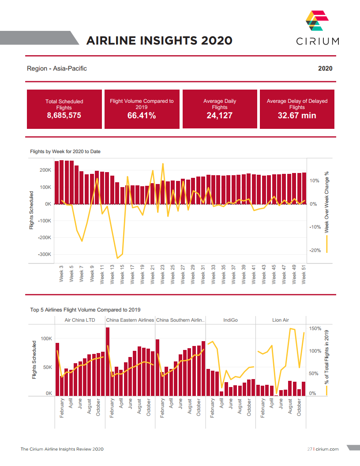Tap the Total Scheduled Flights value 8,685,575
click(64, 116)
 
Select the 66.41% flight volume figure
click(142, 116)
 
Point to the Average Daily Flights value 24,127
click(219, 116)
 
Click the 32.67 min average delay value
click(297, 116)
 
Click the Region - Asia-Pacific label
click(57, 68)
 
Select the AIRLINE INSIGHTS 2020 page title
click(159, 41)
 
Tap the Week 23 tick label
click(163, 274)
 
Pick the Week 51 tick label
click(304, 274)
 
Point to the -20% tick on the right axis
click(314, 251)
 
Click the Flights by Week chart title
click(65, 152)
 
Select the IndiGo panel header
click(230, 320)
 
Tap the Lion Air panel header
click(280, 320)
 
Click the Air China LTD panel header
click(80, 320)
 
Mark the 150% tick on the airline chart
click(315, 329)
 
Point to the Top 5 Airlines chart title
click(85, 310)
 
